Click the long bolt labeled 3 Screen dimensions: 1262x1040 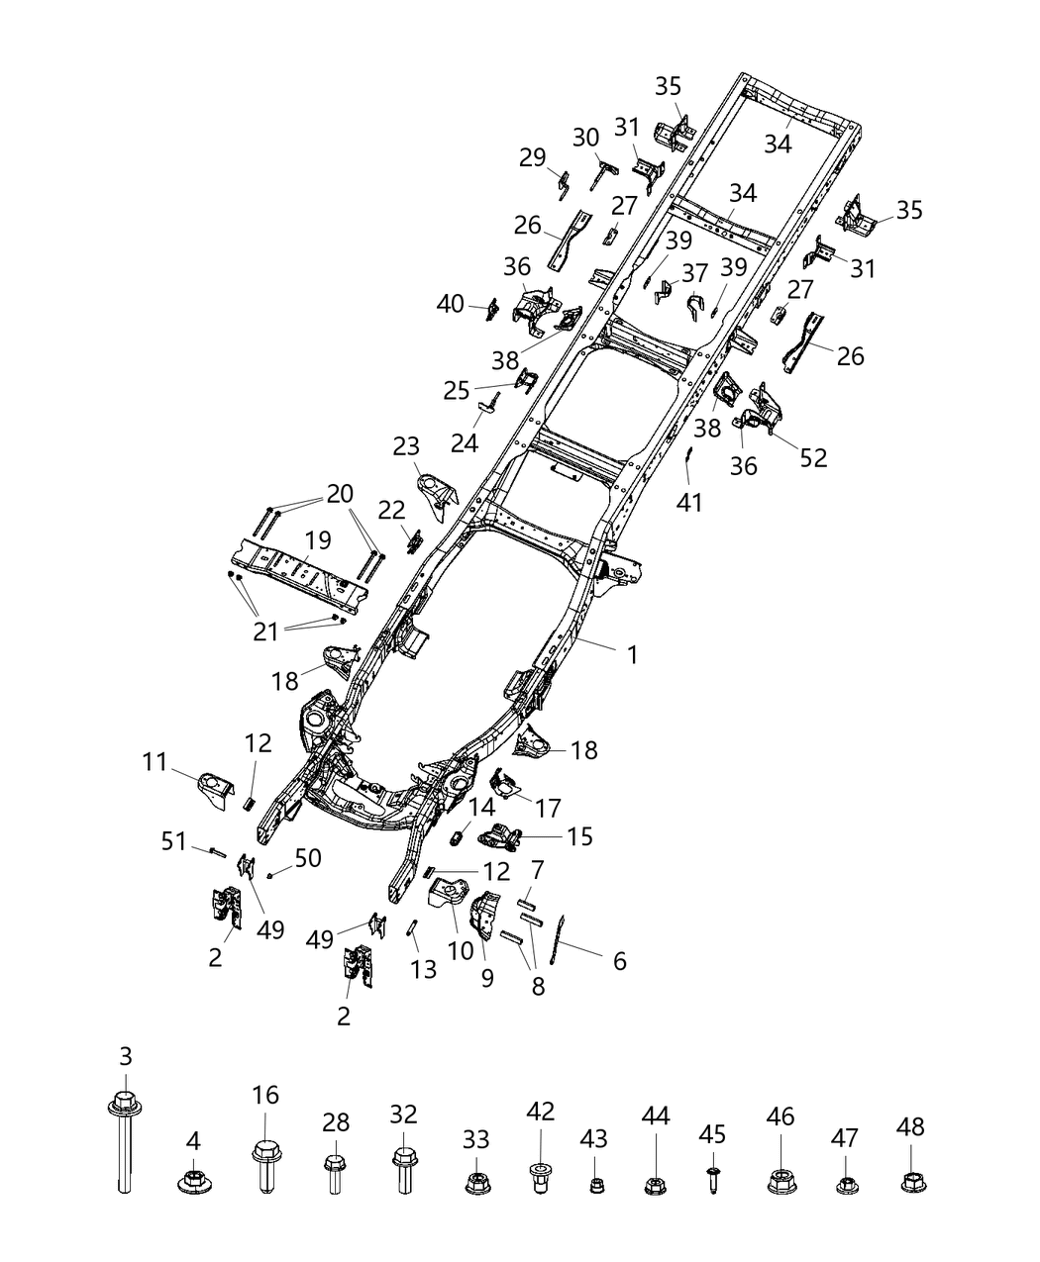click(x=124, y=1138)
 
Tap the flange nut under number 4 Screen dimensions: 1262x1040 click(x=193, y=1180)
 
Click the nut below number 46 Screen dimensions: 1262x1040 click(x=780, y=1180)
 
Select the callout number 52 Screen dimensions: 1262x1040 click(x=814, y=457)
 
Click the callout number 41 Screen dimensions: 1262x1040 click(x=689, y=502)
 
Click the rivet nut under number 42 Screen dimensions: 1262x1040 click(x=540, y=1178)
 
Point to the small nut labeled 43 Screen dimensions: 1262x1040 click(x=595, y=1184)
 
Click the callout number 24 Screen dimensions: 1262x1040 click(x=464, y=442)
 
